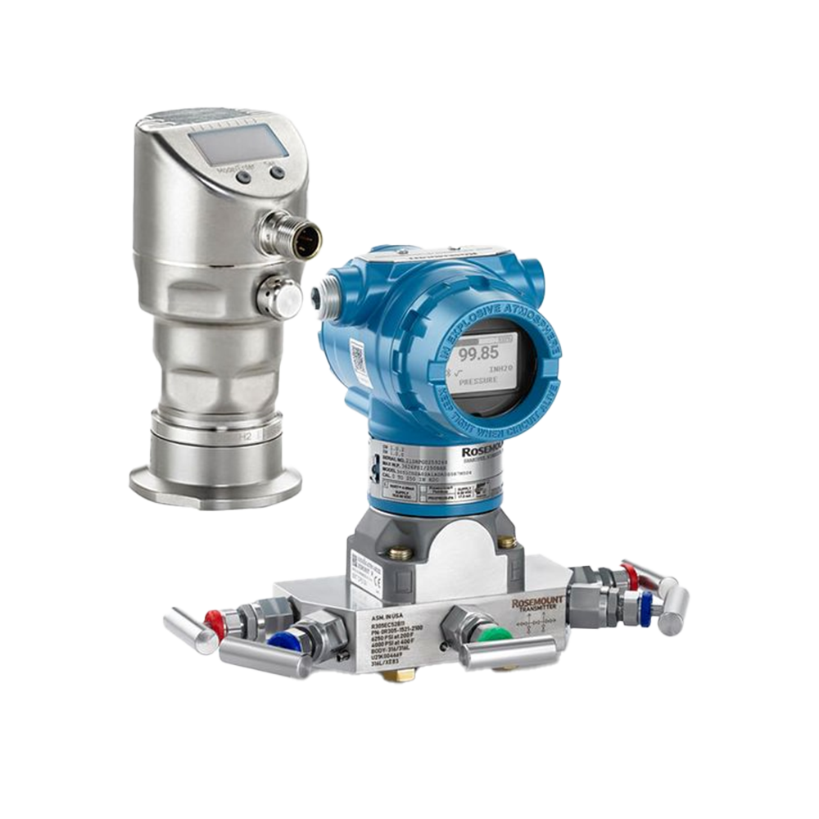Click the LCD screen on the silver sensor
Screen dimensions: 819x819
(238, 146)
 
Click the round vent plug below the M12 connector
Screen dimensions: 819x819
(281, 296)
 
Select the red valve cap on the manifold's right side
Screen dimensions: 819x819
(630, 577)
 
